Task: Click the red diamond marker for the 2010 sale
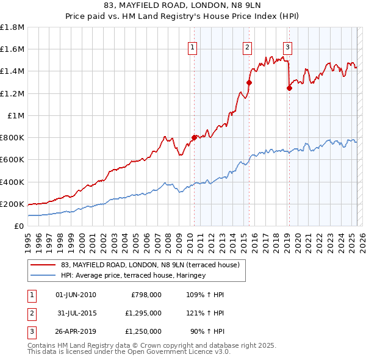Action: click(194, 138)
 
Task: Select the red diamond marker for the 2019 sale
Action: click(289, 88)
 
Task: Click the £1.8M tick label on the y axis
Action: click(12, 27)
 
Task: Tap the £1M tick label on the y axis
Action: click(16, 115)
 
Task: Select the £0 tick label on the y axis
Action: click(19, 226)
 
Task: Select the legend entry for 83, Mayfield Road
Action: click(153, 265)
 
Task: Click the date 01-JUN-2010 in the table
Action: click(76, 295)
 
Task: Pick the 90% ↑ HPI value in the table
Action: click(206, 333)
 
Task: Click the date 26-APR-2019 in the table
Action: click(76, 333)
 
